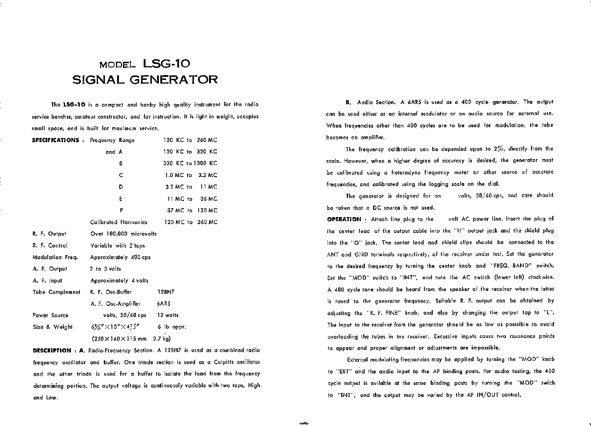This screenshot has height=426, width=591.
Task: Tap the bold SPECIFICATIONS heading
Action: click(56, 140)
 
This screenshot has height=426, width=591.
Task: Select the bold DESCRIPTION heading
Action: click(52, 350)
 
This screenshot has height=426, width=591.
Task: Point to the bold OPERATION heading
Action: click(344, 219)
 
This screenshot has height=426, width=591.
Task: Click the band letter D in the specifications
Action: click(121, 187)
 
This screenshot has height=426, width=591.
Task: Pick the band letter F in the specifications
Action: click(121, 210)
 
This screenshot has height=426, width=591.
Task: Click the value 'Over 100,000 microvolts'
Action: click(123, 234)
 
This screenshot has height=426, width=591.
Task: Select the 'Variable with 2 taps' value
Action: click(117, 246)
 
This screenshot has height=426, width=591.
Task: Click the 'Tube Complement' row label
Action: click(56, 292)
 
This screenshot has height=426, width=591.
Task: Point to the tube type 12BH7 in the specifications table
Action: click(166, 292)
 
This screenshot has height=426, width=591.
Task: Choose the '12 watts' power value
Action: click(168, 315)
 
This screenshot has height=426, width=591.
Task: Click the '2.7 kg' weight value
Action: click(161, 338)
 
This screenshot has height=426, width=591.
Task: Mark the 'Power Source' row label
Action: click(50, 315)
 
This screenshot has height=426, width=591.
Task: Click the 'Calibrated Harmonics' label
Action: click(119, 222)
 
